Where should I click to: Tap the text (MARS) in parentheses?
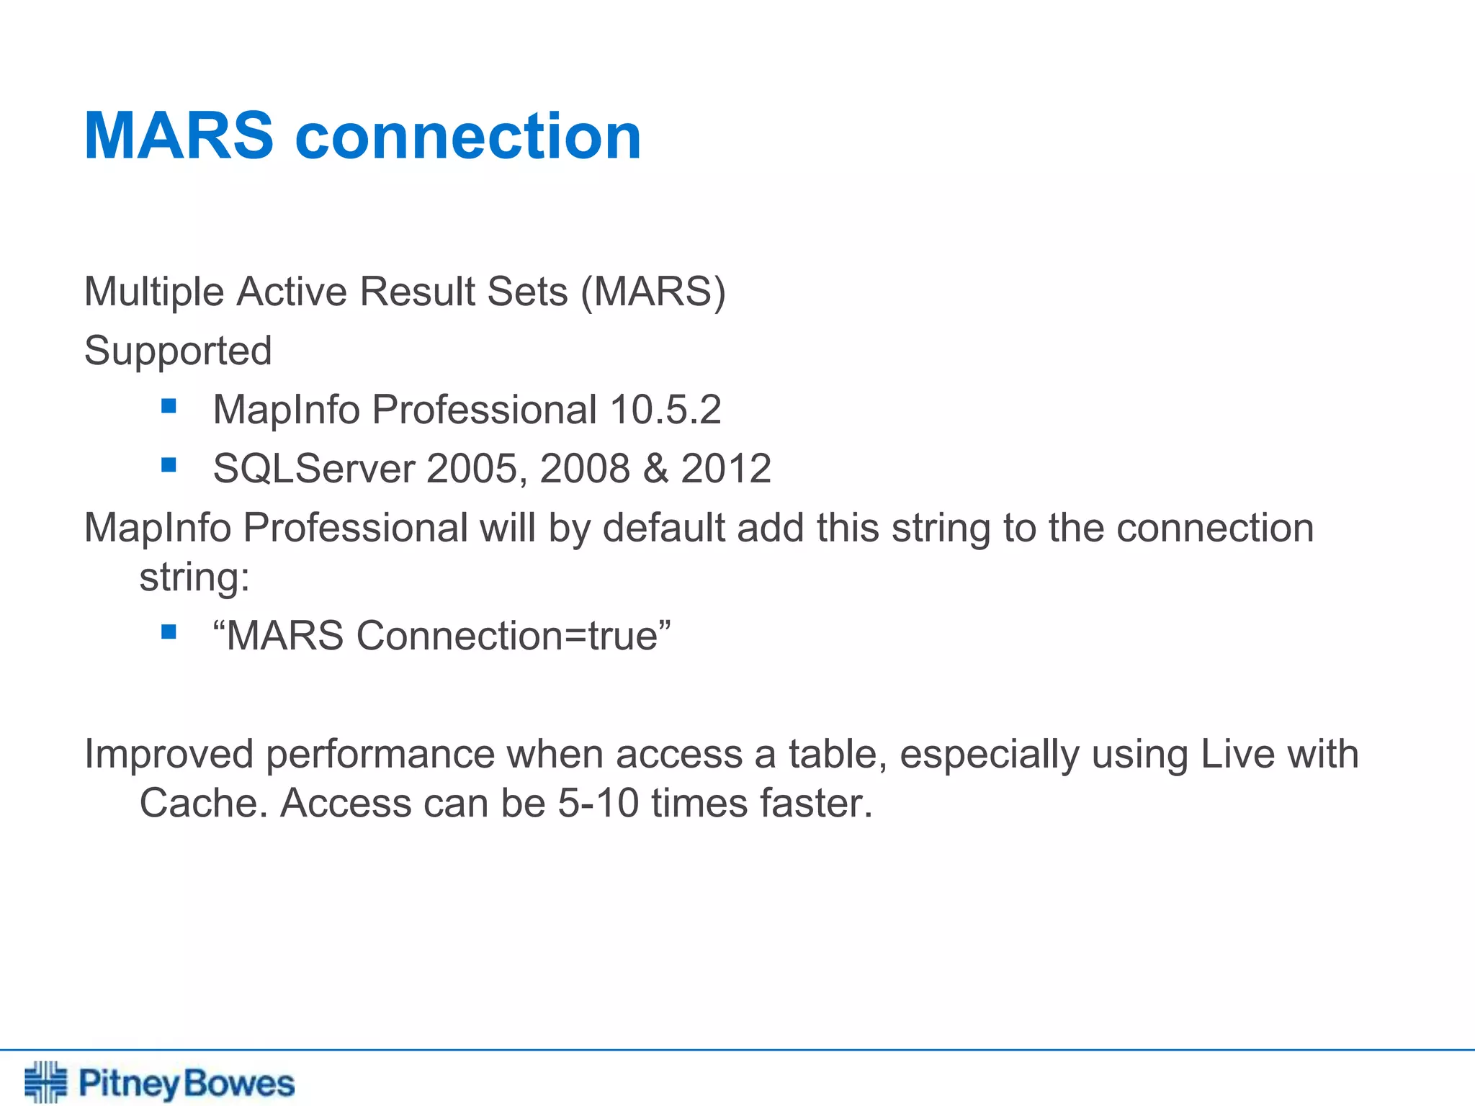point(653,292)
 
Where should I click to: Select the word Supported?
point(178,351)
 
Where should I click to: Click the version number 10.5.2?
point(665,410)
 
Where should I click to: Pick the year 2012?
point(726,469)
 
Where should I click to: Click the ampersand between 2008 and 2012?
point(655,469)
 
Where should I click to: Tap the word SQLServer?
point(314,469)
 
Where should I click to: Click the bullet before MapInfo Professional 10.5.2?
point(169,406)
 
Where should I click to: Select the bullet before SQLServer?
point(169,465)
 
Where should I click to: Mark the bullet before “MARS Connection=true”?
point(169,632)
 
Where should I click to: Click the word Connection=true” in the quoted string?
point(514,636)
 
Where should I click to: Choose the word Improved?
point(169,754)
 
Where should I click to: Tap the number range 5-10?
point(598,803)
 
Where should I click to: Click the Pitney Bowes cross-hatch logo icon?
point(45,1082)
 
